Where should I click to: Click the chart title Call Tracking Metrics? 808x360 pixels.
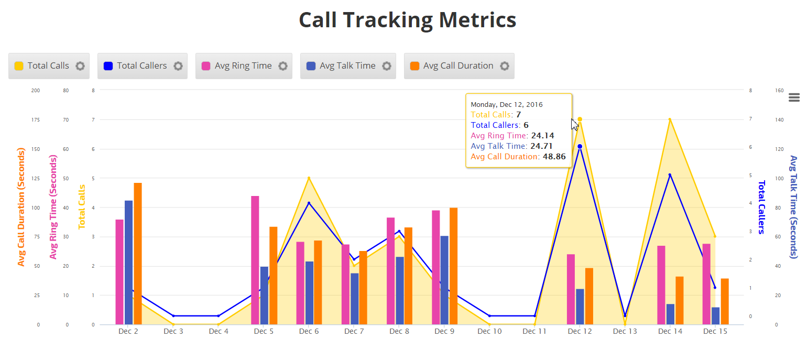(x=407, y=20)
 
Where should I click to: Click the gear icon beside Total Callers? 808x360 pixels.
(x=178, y=66)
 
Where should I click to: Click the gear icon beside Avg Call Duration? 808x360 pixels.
(x=505, y=66)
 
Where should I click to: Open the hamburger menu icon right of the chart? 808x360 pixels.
(x=794, y=97)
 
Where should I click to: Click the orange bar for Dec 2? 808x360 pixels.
(x=138, y=254)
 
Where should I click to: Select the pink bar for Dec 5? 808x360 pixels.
(x=255, y=260)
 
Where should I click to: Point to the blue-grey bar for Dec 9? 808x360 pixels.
(x=444, y=280)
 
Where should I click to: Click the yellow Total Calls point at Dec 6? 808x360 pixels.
(x=309, y=178)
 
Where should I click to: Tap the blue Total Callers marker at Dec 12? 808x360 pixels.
(x=580, y=147)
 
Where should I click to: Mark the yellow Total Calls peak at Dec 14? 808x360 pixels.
(x=670, y=119)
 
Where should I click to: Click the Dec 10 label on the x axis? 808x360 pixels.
(x=489, y=332)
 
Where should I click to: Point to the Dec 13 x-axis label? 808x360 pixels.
(x=625, y=332)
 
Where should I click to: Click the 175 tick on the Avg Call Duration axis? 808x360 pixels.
(x=36, y=120)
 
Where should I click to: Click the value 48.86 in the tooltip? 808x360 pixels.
(x=554, y=157)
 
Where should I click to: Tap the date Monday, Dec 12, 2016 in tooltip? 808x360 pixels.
(x=507, y=105)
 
